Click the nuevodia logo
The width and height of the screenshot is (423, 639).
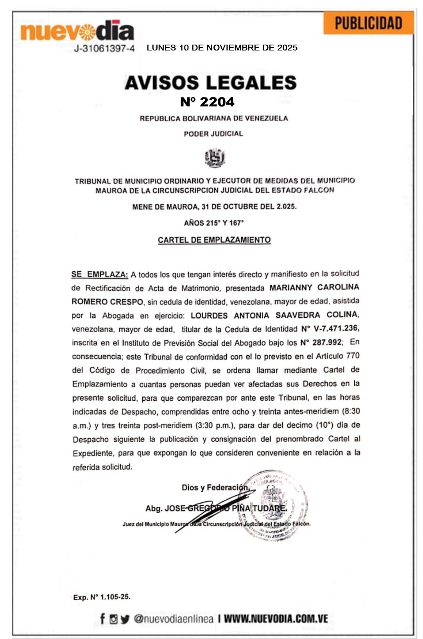coord(77,31)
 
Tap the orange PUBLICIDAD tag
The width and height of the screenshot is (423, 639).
coord(368,23)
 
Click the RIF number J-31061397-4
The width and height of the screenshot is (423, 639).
coord(104,49)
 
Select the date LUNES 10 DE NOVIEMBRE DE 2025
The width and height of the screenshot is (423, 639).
coord(222,48)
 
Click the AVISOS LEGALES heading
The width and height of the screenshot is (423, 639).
coord(211,83)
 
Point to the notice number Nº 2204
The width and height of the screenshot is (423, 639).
coord(207,102)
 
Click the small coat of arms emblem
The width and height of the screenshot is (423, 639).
coord(215,158)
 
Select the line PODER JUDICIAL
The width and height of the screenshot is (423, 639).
coord(213,134)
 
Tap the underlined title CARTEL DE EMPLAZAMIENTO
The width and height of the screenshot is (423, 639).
coord(214,240)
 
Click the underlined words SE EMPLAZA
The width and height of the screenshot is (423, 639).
coord(99,274)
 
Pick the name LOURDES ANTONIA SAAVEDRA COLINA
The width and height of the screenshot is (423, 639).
coord(274,315)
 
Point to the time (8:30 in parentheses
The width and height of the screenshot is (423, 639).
coord(351,411)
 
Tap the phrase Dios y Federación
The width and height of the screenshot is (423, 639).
coord(215,488)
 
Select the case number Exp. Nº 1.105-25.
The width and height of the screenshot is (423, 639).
coord(102,597)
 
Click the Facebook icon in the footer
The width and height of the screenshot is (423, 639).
coord(102,619)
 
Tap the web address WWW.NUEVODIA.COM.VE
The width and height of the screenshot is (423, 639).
coord(276,619)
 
